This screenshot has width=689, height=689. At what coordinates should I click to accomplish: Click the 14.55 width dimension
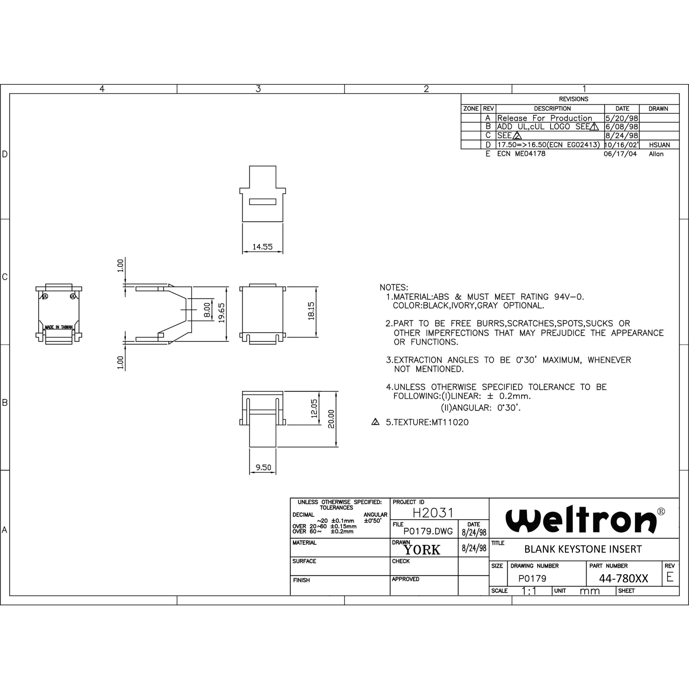pos(262,246)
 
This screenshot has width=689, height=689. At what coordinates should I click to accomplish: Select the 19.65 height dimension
pos(221,313)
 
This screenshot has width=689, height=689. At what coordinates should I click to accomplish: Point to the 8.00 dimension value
pos(207,310)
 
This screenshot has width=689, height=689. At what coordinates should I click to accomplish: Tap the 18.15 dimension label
pos(311,311)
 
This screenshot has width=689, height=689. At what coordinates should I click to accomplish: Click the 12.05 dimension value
pos(314,408)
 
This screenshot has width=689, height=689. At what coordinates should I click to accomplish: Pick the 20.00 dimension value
pos(331,419)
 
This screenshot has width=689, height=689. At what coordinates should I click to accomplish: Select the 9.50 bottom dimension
pos(263,467)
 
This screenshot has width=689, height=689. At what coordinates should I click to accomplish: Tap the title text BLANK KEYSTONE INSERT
pos(583,549)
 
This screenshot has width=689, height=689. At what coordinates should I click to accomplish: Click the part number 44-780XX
pos(623,578)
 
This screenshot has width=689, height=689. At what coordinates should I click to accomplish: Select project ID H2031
pos(433,513)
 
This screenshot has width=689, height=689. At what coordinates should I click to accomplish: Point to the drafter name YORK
pos(422,550)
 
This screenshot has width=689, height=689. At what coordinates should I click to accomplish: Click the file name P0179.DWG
pos(428,531)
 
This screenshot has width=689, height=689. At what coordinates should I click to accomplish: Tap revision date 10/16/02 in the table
pos(621,145)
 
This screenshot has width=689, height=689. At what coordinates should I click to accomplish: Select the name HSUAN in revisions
pos(659,145)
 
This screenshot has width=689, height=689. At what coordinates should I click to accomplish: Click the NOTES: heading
pos(394,287)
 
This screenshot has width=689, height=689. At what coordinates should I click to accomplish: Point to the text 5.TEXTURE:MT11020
pos(427,422)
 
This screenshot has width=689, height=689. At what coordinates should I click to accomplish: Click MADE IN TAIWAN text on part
pos(59,327)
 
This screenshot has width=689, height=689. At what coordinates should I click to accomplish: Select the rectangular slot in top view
pos(262,202)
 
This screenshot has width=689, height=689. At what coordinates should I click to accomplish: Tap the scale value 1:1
pos(529,591)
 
